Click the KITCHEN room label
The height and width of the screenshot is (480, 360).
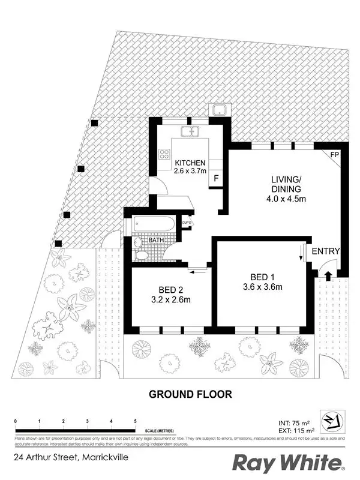click(190, 163)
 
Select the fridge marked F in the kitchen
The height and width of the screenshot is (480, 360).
click(215, 179)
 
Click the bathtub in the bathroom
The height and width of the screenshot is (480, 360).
click(154, 226)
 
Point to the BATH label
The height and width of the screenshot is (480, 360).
click(157, 240)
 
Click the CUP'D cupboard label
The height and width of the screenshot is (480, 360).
click(187, 224)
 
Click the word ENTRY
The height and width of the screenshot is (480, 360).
click(326, 251)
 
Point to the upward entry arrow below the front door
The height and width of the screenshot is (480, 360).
click(328, 275)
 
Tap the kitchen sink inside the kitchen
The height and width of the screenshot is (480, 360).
click(191, 131)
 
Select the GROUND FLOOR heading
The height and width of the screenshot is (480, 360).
click(190, 394)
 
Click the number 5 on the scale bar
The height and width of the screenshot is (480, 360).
click(136, 422)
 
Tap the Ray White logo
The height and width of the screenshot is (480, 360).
click(288, 463)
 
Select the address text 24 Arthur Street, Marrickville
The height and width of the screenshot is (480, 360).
click(71, 457)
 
